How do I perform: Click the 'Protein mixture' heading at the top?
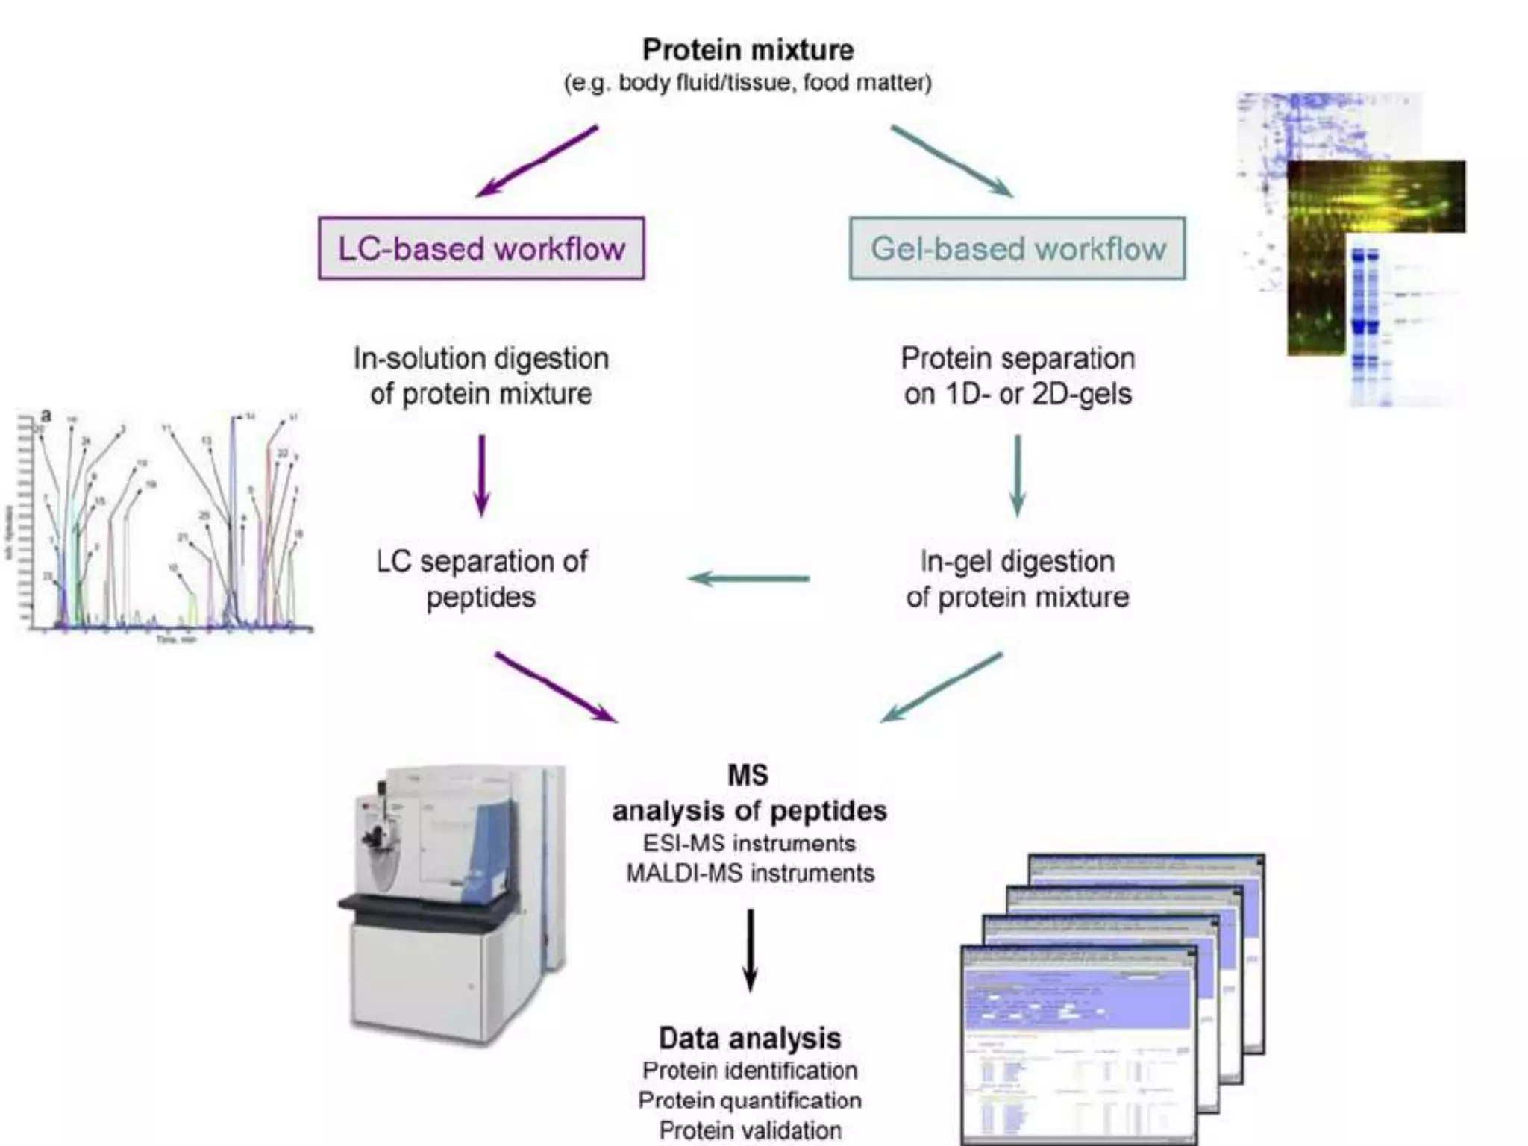[x=748, y=50]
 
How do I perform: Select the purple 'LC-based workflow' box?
[x=481, y=248]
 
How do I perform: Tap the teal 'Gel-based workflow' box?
[x=1018, y=248]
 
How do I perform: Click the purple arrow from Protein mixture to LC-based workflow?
[x=537, y=161]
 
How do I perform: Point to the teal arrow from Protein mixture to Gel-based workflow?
[x=951, y=161]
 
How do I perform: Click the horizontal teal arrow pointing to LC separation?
[x=748, y=578]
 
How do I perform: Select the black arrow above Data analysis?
[x=750, y=950]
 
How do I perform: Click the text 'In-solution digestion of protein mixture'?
[x=481, y=376]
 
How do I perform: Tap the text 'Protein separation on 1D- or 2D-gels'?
[x=1018, y=376]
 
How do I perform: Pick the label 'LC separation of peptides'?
[x=481, y=579]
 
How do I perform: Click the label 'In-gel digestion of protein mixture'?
[x=1018, y=579]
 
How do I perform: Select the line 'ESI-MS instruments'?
[x=749, y=843]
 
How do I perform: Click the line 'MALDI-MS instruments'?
[x=750, y=873]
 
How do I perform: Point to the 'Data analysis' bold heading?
[x=749, y=1038]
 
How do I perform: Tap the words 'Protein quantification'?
[x=750, y=1100]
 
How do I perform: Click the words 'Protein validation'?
[x=750, y=1130]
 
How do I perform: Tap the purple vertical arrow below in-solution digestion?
[x=481, y=475]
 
